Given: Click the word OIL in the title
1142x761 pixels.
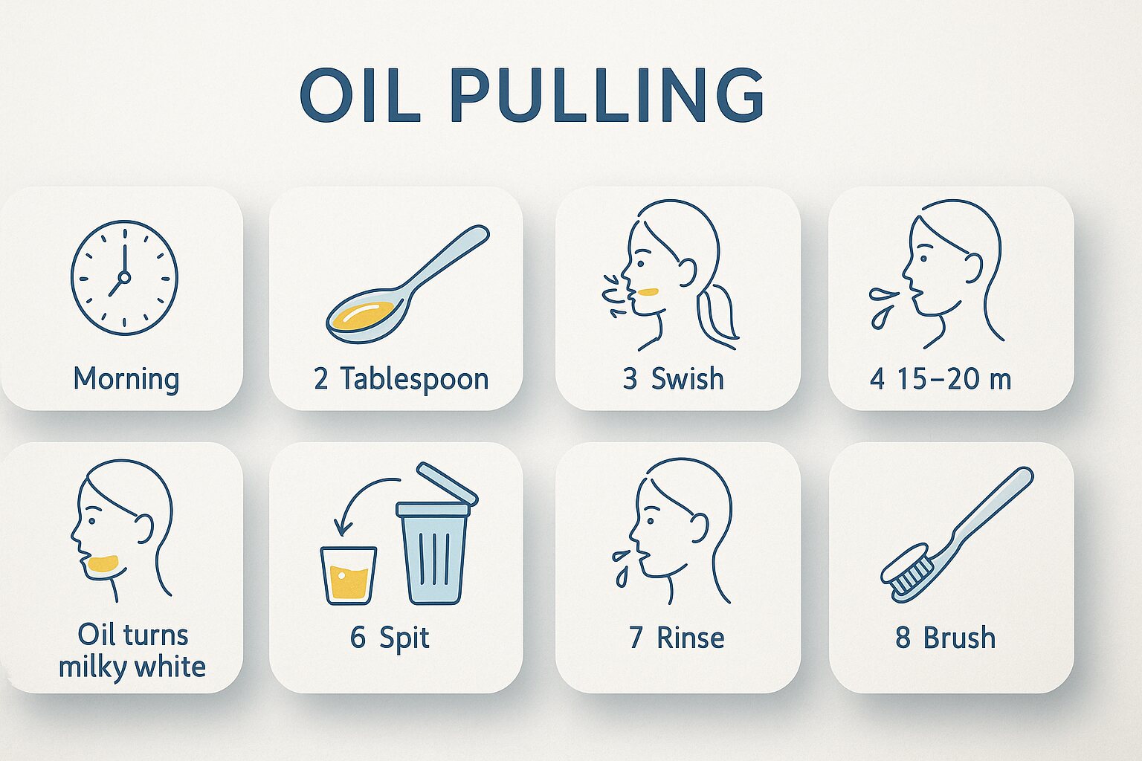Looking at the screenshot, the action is [360, 95].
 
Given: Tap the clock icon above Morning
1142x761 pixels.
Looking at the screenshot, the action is [124, 278].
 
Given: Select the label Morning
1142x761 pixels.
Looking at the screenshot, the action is [126, 380].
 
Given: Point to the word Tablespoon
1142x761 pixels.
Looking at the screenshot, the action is [414, 380].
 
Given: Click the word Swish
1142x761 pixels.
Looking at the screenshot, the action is [687, 379].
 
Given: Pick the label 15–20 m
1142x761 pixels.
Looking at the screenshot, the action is [954, 379].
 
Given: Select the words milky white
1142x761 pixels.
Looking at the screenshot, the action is [132, 667].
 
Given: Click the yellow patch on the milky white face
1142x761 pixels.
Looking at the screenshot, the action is [103, 563].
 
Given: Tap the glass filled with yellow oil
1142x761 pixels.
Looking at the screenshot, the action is [349, 575].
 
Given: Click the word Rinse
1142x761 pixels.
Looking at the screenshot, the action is [690, 638].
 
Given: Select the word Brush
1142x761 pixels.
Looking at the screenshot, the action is [960, 638].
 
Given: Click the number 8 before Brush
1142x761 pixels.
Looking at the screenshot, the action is [903, 638].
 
